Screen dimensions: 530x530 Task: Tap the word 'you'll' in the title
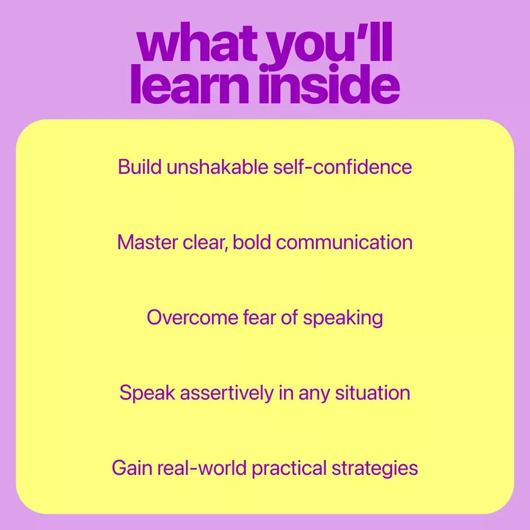pyautogui.click(x=330, y=47)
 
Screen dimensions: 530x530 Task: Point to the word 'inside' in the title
pyautogui.click(x=330, y=84)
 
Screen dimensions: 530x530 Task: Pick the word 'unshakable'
pyautogui.click(x=217, y=166)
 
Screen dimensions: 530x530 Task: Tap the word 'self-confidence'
pyautogui.click(x=342, y=166)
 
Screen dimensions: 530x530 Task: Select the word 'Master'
pyautogui.click(x=147, y=242)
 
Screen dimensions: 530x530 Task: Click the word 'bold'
pyautogui.click(x=252, y=242)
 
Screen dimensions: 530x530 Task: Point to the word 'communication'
pyautogui.click(x=344, y=242)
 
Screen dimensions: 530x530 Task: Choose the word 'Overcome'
pyautogui.click(x=192, y=317)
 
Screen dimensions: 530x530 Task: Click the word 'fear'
pyautogui.click(x=259, y=317)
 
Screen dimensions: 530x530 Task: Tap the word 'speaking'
pyautogui.click(x=343, y=319)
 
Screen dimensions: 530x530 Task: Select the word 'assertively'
pyautogui.click(x=226, y=393)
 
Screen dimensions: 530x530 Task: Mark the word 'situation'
pyautogui.click(x=373, y=393)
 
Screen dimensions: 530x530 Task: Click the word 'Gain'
pyautogui.click(x=132, y=468)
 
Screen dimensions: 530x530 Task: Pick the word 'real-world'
pyautogui.click(x=202, y=468)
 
